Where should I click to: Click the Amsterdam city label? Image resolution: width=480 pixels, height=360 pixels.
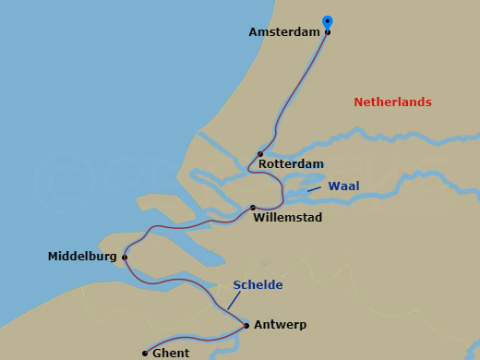point(284,31)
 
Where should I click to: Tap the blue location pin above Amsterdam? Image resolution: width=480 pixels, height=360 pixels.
point(327,22)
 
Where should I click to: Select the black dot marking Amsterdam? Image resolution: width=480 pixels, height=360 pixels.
point(328,31)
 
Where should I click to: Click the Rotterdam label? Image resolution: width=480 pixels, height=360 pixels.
point(291,163)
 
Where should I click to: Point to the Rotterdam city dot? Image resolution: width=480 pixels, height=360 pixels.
point(260,154)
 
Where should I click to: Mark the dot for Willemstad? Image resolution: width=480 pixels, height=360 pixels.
point(253,208)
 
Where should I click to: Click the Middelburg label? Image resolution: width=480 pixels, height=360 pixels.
point(82,258)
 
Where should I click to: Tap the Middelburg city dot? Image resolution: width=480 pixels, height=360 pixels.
point(125,258)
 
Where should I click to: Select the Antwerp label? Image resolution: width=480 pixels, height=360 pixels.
point(279,325)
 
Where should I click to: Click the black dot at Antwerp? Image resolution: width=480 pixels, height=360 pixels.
point(246,325)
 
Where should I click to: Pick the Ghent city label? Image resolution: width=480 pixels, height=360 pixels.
point(171,353)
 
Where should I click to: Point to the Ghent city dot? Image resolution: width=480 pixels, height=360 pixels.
point(145,353)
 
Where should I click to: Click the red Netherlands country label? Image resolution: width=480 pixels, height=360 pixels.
point(392,102)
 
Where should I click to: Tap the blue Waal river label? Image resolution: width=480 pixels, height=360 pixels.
point(343,186)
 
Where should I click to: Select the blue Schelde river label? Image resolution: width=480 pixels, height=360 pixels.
point(258,285)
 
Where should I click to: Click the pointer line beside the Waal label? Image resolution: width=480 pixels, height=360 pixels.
point(313,189)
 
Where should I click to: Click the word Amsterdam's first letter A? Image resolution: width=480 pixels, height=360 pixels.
point(253,31)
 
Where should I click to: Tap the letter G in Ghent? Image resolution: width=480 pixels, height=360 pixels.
point(157,353)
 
